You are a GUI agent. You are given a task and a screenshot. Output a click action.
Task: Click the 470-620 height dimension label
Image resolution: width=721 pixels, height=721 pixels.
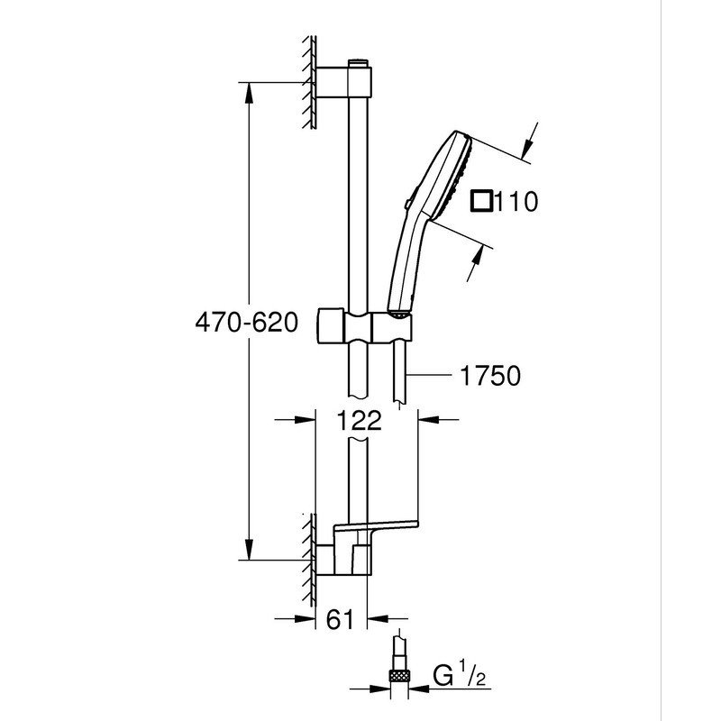(x=246, y=322)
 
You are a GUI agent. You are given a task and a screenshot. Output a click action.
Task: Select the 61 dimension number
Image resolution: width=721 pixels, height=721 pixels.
(x=340, y=619)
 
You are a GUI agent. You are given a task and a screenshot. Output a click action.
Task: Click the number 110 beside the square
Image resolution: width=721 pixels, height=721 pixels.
(x=517, y=202)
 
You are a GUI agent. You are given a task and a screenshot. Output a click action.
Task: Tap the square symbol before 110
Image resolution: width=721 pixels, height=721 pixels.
(x=482, y=201)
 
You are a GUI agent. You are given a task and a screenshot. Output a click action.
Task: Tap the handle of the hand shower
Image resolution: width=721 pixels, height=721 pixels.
(x=402, y=270)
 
